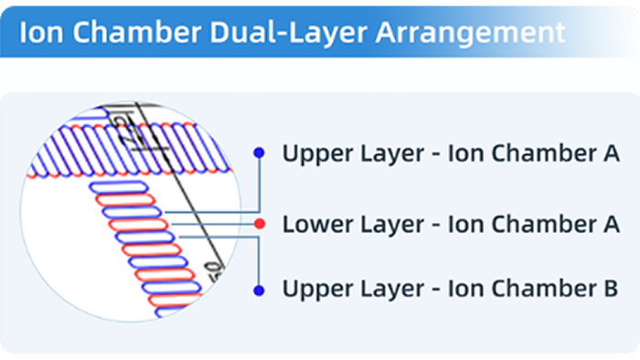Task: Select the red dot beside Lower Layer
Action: [260, 223]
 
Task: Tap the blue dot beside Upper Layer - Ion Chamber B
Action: [260, 291]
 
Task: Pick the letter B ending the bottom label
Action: [611, 291]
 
